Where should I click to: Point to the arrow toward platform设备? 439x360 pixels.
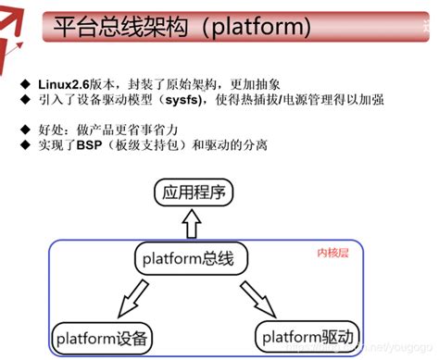point(128,297)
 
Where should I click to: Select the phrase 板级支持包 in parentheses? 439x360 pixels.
point(151,145)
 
